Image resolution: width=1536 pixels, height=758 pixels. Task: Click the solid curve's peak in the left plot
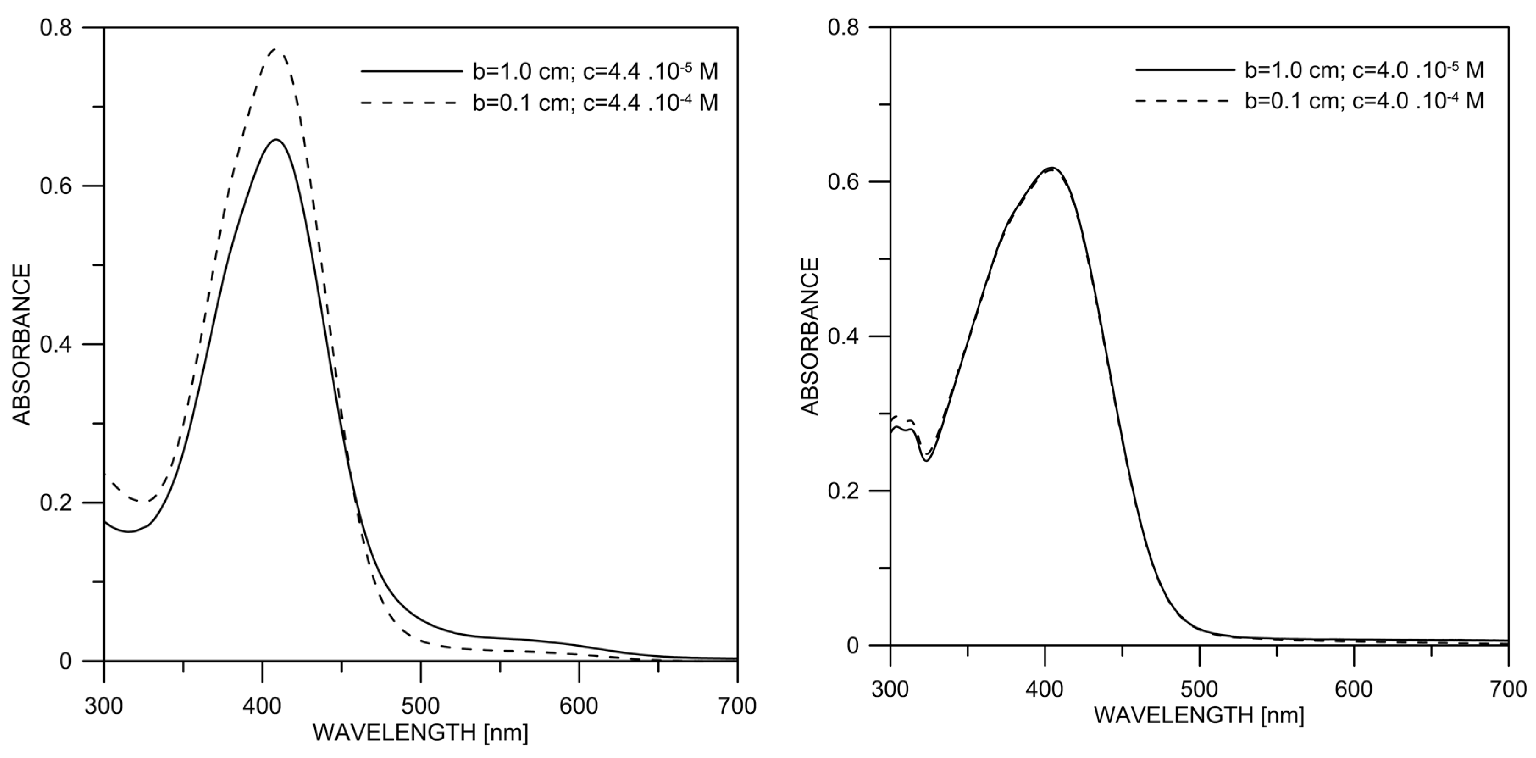click(x=275, y=139)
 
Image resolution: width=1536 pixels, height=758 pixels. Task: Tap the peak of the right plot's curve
click(x=1052, y=168)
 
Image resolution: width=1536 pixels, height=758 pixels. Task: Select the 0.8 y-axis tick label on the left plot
click(x=56, y=28)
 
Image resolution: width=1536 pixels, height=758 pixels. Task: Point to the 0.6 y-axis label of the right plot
click(x=843, y=182)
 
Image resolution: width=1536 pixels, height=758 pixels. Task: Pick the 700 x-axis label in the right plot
click(x=1508, y=689)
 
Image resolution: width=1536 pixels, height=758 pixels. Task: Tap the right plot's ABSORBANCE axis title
click(x=810, y=336)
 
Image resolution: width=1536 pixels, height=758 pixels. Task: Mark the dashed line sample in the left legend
click(x=409, y=103)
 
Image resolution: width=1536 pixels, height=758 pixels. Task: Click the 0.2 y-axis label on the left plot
click(x=56, y=503)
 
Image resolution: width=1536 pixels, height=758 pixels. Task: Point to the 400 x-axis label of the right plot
click(x=1045, y=689)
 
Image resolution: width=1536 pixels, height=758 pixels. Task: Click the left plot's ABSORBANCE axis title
click(x=22, y=345)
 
